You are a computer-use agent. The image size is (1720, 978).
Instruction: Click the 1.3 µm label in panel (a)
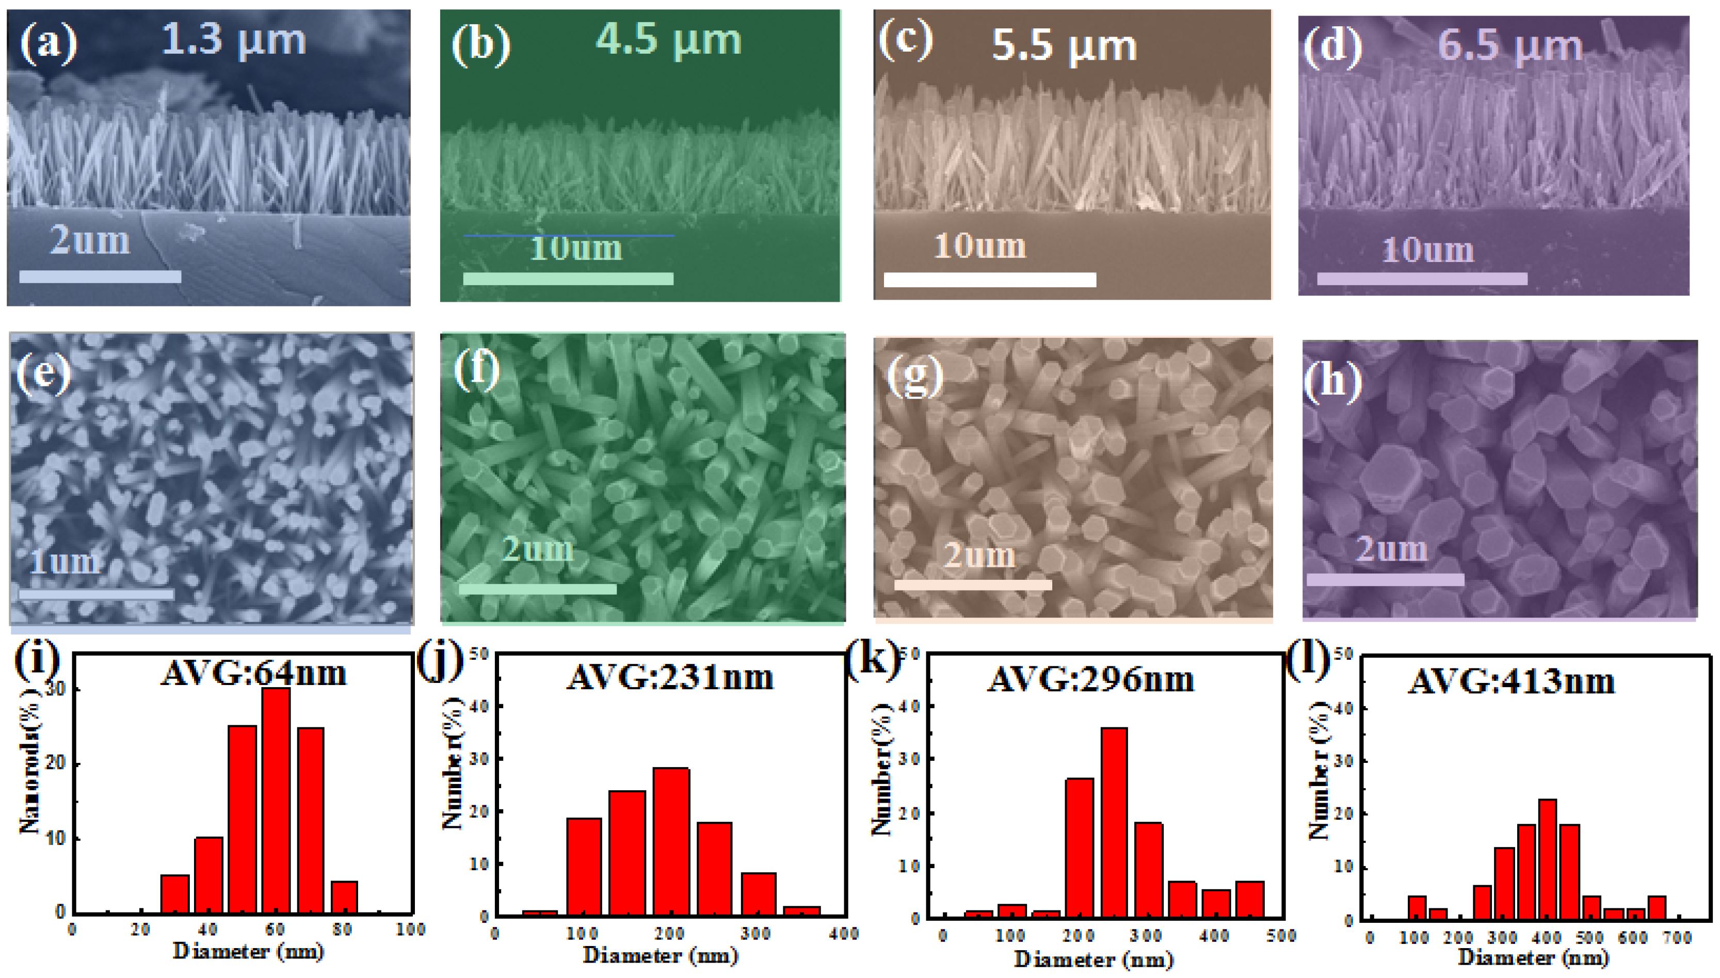[x=234, y=40]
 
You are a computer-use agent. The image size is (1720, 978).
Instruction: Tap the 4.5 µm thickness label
[x=668, y=40]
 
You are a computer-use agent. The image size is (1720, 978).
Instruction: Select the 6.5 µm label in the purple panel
[x=1509, y=46]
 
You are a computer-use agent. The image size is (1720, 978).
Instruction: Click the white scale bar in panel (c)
[x=990, y=280]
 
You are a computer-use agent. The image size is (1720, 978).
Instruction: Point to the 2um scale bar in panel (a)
[x=100, y=276]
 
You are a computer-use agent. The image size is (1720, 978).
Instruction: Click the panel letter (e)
[x=44, y=373]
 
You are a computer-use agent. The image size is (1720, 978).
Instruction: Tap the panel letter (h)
[x=1333, y=380]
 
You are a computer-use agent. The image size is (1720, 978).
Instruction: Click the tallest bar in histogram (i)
[x=276, y=800]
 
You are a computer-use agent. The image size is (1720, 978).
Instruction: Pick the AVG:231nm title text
[x=670, y=678]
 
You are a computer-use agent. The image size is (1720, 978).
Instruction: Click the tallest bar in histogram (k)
[x=1114, y=822]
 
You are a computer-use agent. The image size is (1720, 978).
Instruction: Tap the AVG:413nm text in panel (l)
[x=1511, y=682]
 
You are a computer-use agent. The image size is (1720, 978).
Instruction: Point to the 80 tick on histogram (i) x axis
[x=343, y=930]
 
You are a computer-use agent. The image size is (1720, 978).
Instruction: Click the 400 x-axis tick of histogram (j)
[x=844, y=934]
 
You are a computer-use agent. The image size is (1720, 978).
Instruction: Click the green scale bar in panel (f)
[x=538, y=589]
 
